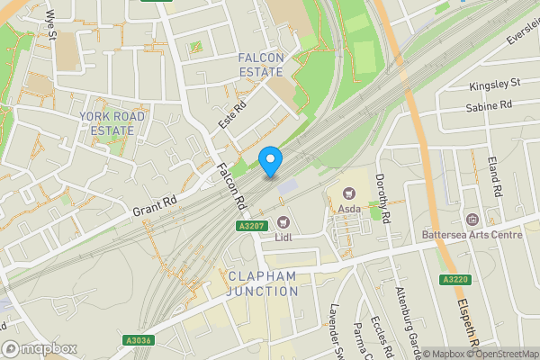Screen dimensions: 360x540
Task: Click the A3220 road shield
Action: [454, 280]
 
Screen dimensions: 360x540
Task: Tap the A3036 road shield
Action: [138, 339]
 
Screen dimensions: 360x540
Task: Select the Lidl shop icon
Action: [284, 221]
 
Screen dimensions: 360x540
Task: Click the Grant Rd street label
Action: [153, 205]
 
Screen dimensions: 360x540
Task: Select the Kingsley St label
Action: [494, 85]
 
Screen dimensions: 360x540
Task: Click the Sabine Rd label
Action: [489, 106]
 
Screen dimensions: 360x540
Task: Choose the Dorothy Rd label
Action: [382, 198]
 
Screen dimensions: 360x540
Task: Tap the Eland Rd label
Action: [493, 175]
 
